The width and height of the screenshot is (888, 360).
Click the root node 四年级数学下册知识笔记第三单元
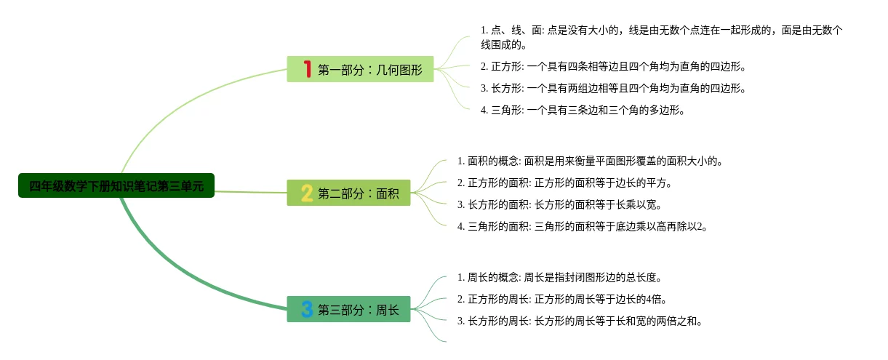(x=116, y=185)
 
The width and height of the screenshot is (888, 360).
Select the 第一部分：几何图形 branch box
(x=360, y=69)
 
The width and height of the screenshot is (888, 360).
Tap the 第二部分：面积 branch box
(x=348, y=193)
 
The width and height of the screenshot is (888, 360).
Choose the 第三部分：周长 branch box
(x=348, y=309)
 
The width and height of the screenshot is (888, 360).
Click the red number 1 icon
(x=307, y=69)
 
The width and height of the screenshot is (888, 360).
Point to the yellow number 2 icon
(x=307, y=193)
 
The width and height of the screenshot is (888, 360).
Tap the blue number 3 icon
(x=307, y=309)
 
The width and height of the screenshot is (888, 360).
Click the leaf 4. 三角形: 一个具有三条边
(x=583, y=111)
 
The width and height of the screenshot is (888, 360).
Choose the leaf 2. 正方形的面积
(x=564, y=183)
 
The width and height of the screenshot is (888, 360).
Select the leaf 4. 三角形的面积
(x=583, y=226)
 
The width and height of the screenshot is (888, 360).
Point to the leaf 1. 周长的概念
(x=559, y=277)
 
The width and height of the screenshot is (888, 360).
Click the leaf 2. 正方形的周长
(x=562, y=299)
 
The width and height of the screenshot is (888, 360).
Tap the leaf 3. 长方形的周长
(x=580, y=321)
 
